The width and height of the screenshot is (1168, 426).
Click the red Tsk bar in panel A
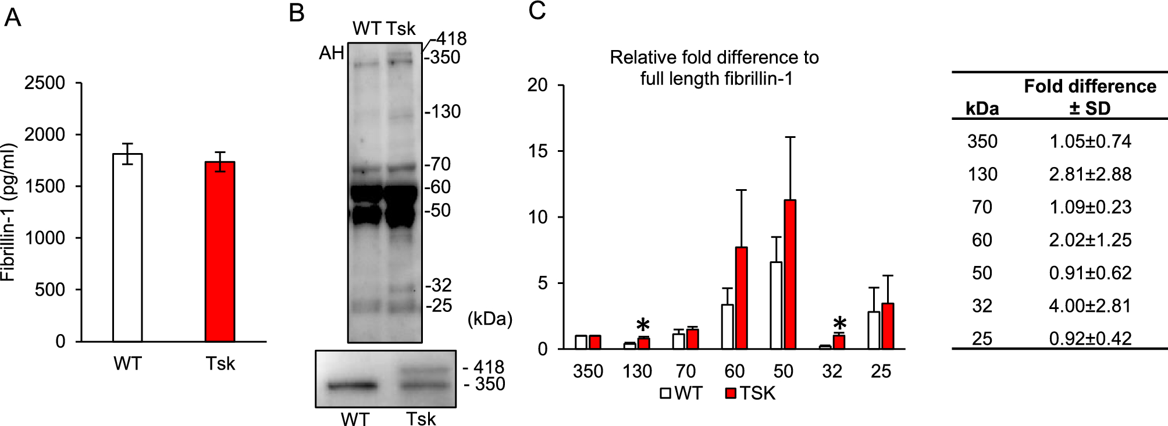click(x=220, y=251)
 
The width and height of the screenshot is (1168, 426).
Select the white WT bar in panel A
click(x=127, y=247)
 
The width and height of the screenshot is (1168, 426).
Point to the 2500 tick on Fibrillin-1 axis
click(x=45, y=83)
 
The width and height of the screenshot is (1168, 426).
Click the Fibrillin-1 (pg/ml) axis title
click(x=8, y=212)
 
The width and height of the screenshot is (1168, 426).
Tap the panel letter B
click(x=297, y=12)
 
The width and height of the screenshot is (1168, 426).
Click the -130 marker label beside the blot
click(x=443, y=111)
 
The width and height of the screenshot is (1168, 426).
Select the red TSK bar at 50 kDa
click(x=790, y=274)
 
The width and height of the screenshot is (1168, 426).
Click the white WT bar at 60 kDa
click(x=727, y=326)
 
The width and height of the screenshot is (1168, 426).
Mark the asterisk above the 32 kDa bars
click(x=839, y=324)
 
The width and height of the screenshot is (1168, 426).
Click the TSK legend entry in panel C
click(x=750, y=393)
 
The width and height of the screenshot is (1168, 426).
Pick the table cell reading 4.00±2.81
click(x=1090, y=306)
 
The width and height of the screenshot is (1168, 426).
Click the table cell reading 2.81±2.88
click(x=1090, y=174)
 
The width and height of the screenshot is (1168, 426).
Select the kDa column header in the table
click(x=982, y=108)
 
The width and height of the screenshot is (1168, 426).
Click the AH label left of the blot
click(x=332, y=53)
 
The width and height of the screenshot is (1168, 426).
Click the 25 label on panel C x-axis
click(x=881, y=371)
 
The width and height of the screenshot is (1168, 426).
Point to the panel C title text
click(x=714, y=68)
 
